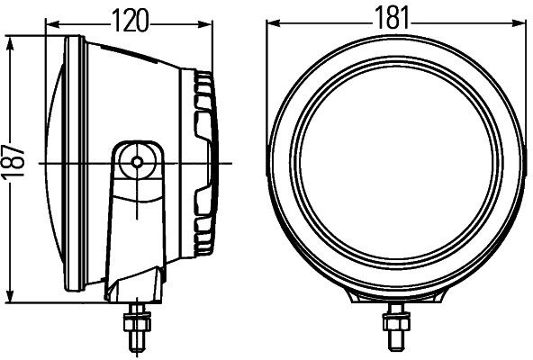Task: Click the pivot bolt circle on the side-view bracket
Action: (x=137, y=162)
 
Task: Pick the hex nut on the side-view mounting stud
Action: (x=138, y=317)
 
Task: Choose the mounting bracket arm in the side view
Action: (x=135, y=216)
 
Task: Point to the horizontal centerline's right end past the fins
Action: (x=230, y=162)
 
